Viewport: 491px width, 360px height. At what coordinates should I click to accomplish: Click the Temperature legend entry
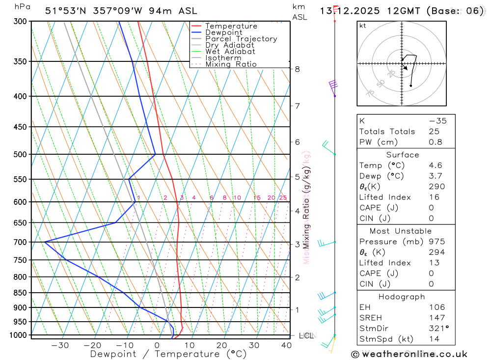[x=231, y=26]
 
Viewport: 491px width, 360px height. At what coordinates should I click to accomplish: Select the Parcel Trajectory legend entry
[x=241, y=39]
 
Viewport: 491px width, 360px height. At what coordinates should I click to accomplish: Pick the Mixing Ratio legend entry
[x=231, y=64]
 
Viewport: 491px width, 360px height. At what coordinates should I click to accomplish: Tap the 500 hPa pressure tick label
[x=21, y=154]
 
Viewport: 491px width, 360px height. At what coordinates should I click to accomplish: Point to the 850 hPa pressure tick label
[x=21, y=293]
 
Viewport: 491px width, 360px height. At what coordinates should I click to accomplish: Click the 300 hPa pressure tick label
[x=21, y=22]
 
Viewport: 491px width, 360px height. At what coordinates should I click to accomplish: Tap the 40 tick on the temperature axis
[x=286, y=345]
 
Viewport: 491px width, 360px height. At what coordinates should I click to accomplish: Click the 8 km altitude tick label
[x=297, y=69]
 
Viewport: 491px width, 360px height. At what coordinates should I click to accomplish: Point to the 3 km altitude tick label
[x=297, y=244]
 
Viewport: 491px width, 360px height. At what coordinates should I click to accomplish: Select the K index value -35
[x=437, y=121]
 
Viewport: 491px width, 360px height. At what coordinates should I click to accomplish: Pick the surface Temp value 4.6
[x=435, y=166]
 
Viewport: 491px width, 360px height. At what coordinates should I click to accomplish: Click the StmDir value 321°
[x=437, y=329]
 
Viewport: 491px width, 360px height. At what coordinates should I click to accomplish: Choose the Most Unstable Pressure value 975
[x=437, y=242]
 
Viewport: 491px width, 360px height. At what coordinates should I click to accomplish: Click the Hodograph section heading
[x=402, y=297]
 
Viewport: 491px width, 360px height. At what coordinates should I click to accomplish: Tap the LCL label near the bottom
[x=306, y=336]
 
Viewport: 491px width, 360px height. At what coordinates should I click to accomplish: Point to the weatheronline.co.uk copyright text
[x=409, y=354]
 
